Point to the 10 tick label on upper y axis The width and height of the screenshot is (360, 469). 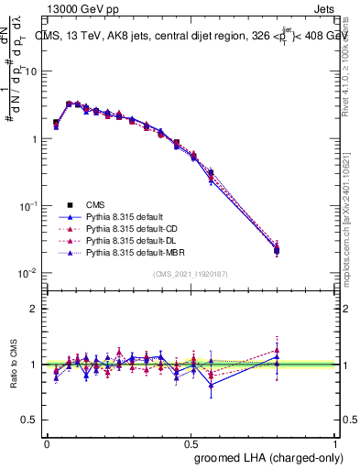click(x=31, y=71)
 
